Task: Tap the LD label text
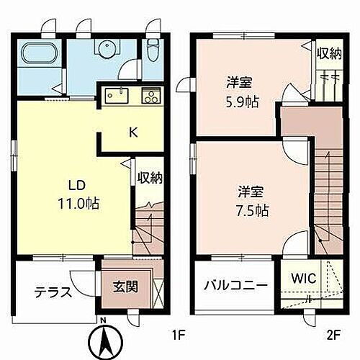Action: (x=78, y=184)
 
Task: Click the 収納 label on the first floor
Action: (x=149, y=178)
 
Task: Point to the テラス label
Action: (x=53, y=292)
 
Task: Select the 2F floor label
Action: (x=332, y=334)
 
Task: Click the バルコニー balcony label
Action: (x=234, y=285)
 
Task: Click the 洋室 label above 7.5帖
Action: (x=253, y=192)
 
